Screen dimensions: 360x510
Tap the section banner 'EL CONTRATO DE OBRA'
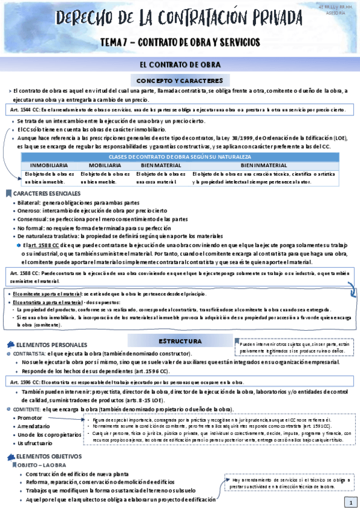click(x=180, y=64)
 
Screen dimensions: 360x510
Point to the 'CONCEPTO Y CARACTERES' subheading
click(x=180, y=80)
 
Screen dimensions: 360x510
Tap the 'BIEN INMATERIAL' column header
click(x=264, y=164)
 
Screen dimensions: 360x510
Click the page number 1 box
click(x=348, y=502)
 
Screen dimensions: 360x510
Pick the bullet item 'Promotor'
click(x=31, y=417)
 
